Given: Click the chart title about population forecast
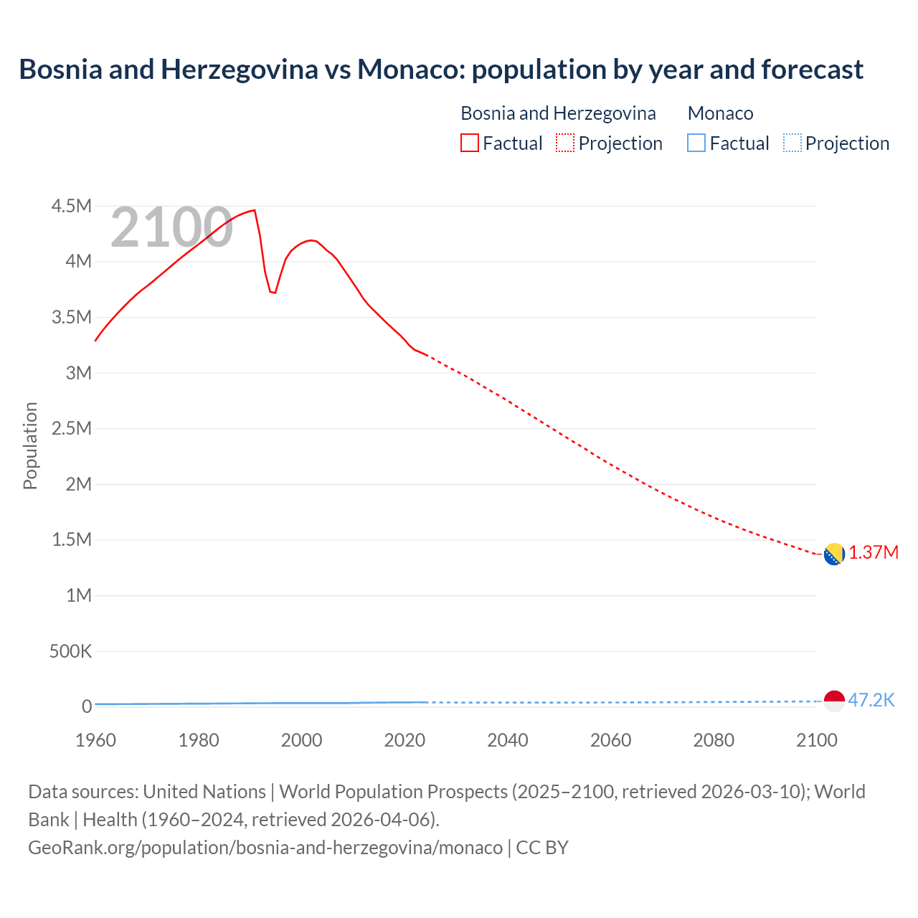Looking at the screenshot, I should coord(441,70).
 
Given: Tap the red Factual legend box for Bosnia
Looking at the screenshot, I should coord(469,143).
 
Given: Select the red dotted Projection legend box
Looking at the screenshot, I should coord(565,143).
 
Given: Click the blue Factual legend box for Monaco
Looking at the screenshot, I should coord(696,143).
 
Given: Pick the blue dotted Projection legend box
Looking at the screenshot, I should coord(792,143).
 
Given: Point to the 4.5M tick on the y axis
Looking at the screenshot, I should coord(72,207).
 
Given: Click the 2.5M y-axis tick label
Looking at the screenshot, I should coord(72,429).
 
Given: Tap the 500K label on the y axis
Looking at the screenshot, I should coord(70,651).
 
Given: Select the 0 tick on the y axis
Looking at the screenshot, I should coord(87,706).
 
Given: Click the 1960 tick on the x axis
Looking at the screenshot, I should coord(95,740).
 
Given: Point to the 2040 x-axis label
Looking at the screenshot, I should coord(508,740).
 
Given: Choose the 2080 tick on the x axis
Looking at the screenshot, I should coord(714,740).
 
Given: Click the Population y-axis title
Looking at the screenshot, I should coord(30,445).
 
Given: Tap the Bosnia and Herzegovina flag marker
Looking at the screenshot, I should coord(833,554).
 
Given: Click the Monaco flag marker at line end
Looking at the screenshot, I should coord(834,701).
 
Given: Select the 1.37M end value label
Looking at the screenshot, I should coord(874,553).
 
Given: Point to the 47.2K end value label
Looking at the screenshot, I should coord(871,701).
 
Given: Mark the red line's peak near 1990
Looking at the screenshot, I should coord(255,210).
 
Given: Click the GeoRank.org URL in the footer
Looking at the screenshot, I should coord(265,848).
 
